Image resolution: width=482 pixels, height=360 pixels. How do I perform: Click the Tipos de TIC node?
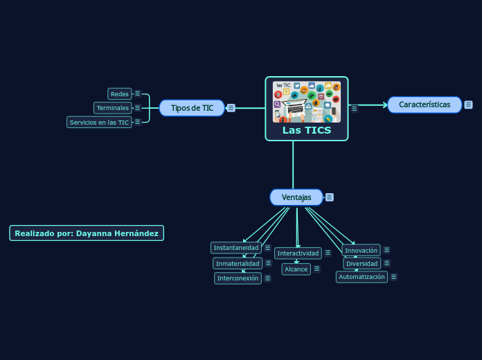click(x=192, y=108)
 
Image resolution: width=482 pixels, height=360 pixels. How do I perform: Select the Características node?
click(x=425, y=105)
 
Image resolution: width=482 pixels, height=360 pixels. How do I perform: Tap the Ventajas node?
click(x=296, y=197)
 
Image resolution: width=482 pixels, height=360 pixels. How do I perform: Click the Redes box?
click(x=120, y=93)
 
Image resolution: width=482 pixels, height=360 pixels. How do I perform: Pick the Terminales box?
click(x=112, y=108)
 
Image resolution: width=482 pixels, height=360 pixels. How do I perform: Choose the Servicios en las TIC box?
click(x=99, y=122)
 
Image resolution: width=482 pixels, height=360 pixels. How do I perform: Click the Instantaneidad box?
click(x=236, y=248)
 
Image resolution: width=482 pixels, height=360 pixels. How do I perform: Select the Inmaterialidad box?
click(x=238, y=264)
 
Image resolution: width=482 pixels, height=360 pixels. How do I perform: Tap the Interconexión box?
click(x=238, y=278)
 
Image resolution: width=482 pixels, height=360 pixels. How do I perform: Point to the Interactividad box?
click(x=298, y=253)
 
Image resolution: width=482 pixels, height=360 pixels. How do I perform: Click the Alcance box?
click(x=296, y=269)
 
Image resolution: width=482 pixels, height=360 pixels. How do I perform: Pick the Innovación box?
click(x=361, y=250)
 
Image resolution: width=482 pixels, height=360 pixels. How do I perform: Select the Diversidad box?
click(x=362, y=264)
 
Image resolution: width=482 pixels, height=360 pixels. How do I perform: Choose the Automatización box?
click(x=361, y=277)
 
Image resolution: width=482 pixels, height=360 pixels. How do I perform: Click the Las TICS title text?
click(x=307, y=130)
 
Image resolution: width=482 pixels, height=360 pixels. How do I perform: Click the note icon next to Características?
click(x=468, y=105)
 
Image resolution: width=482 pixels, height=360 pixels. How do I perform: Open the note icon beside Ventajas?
click(x=329, y=197)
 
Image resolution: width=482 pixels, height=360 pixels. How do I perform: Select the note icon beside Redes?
click(x=137, y=93)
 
